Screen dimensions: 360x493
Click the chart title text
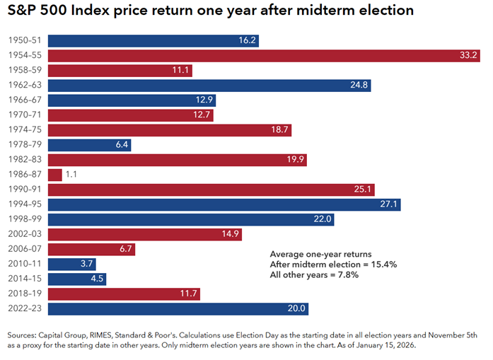[210, 12]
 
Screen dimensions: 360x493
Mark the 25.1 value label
[361, 190]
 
